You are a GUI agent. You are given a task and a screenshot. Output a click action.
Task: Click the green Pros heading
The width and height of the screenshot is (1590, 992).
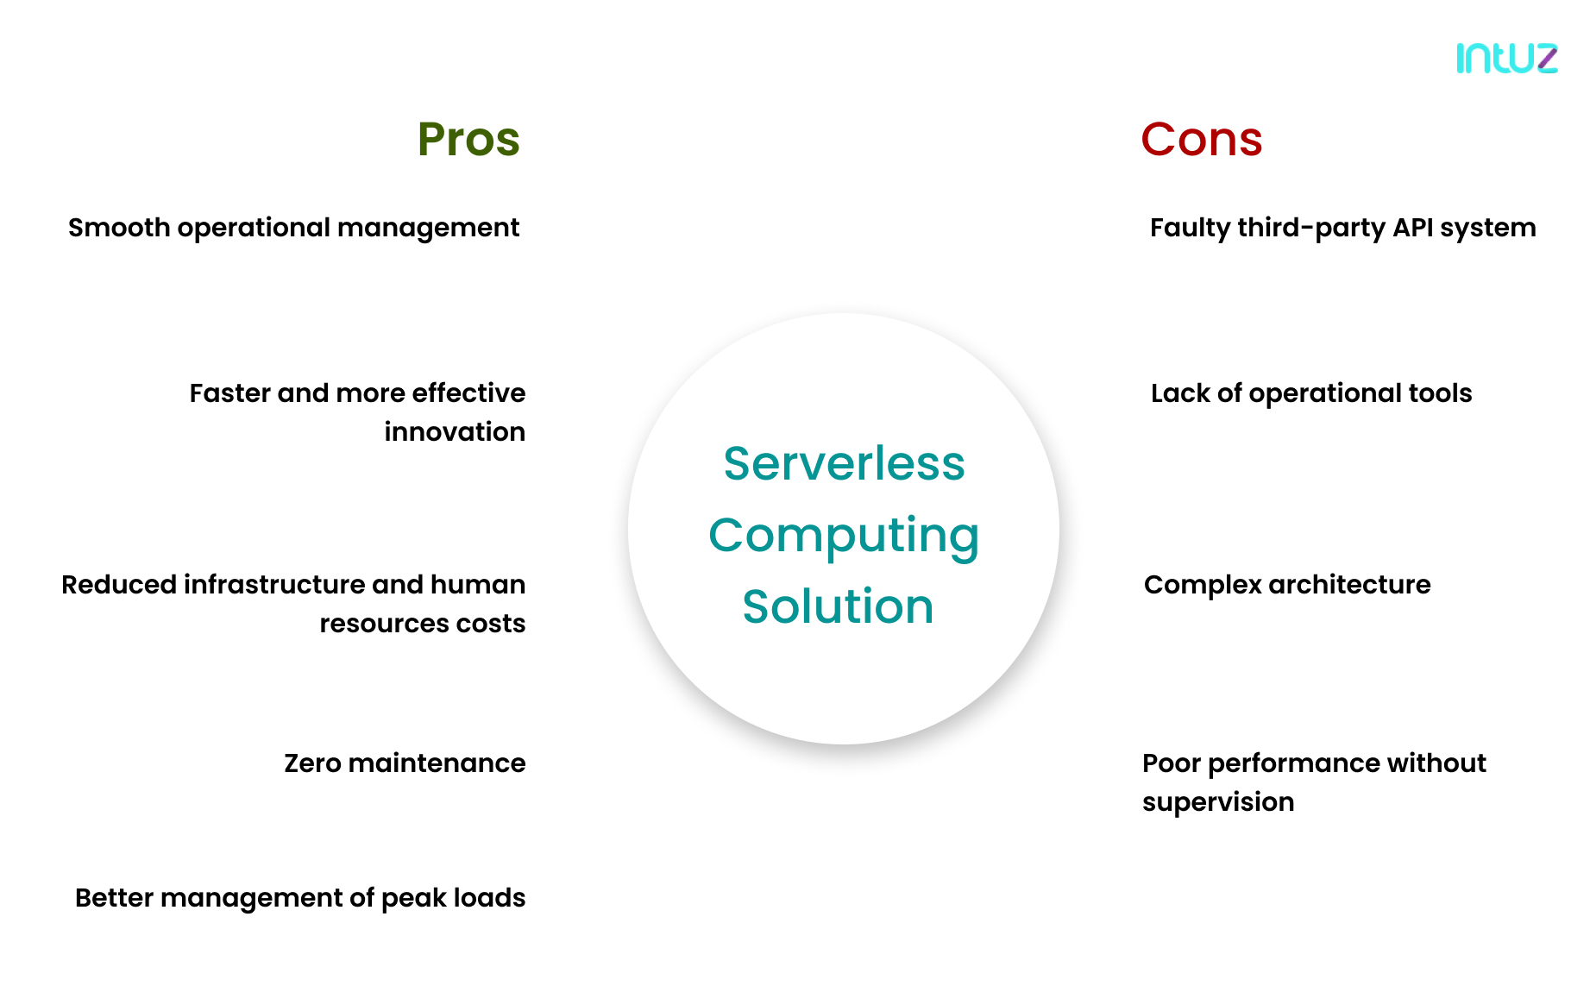point(468,139)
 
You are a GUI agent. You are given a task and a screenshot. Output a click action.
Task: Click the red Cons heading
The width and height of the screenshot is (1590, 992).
point(1201,139)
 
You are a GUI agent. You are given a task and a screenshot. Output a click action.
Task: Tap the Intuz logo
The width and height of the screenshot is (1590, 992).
point(1506,58)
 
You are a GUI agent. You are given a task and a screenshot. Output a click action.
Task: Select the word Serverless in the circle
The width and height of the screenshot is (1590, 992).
point(844,463)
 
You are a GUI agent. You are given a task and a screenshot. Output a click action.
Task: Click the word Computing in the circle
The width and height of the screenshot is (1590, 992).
point(844,536)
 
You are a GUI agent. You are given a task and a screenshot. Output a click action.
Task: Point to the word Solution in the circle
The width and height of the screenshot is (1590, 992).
point(838,606)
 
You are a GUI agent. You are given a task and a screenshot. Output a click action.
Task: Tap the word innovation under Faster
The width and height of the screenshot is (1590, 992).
point(455,431)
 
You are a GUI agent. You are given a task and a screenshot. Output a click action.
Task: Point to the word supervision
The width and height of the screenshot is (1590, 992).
point(1217,802)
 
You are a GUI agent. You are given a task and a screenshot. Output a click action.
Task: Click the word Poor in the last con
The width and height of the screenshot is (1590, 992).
point(1171,763)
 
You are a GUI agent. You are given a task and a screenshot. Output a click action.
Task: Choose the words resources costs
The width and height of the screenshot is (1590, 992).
point(422,624)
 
